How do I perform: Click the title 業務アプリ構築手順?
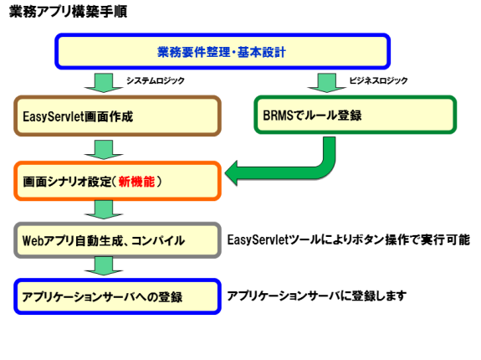[68, 12]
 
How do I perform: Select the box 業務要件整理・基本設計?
[223, 52]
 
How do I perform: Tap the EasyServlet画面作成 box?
[117, 116]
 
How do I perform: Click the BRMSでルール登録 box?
[356, 115]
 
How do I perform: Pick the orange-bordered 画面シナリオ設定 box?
[117, 181]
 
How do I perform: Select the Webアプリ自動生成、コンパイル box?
[117, 240]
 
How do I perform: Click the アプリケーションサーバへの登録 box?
[117, 296]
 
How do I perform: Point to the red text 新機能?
[136, 182]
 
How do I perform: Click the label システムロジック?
[156, 80]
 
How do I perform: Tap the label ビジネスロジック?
[379, 80]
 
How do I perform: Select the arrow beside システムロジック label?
[104, 83]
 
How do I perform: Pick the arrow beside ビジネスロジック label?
[327, 83]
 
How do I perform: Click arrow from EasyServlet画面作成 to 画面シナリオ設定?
[104, 150]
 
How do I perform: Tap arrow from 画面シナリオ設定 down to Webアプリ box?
[104, 209]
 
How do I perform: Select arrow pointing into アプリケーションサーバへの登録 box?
[104, 265]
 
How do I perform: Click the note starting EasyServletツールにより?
[349, 239]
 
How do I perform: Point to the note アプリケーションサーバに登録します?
[317, 296]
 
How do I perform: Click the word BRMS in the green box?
[278, 116]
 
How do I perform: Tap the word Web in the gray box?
[33, 240]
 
